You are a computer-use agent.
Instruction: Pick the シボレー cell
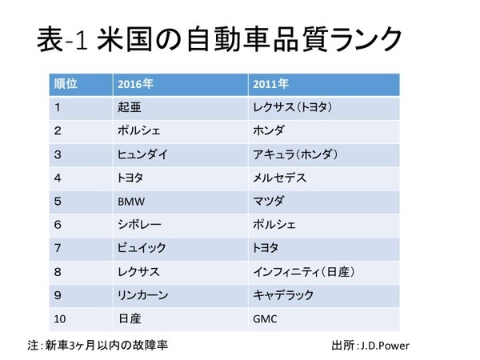coord(137,225)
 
